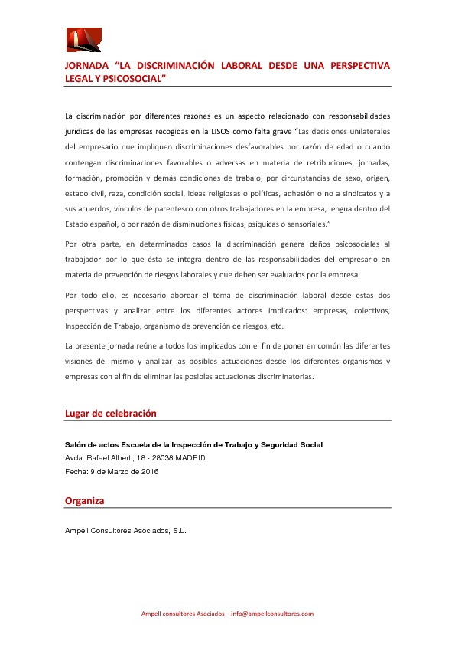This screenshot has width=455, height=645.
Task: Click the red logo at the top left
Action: pyautogui.click(x=83, y=40)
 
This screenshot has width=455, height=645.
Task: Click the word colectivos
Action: pyautogui.click(x=367, y=310)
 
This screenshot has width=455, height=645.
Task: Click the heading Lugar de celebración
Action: pyautogui.click(x=111, y=414)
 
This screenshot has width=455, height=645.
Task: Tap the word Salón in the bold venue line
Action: pyautogui.click(x=76, y=444)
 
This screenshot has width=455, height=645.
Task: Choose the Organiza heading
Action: pyautogui.click(x=85, y=501)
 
